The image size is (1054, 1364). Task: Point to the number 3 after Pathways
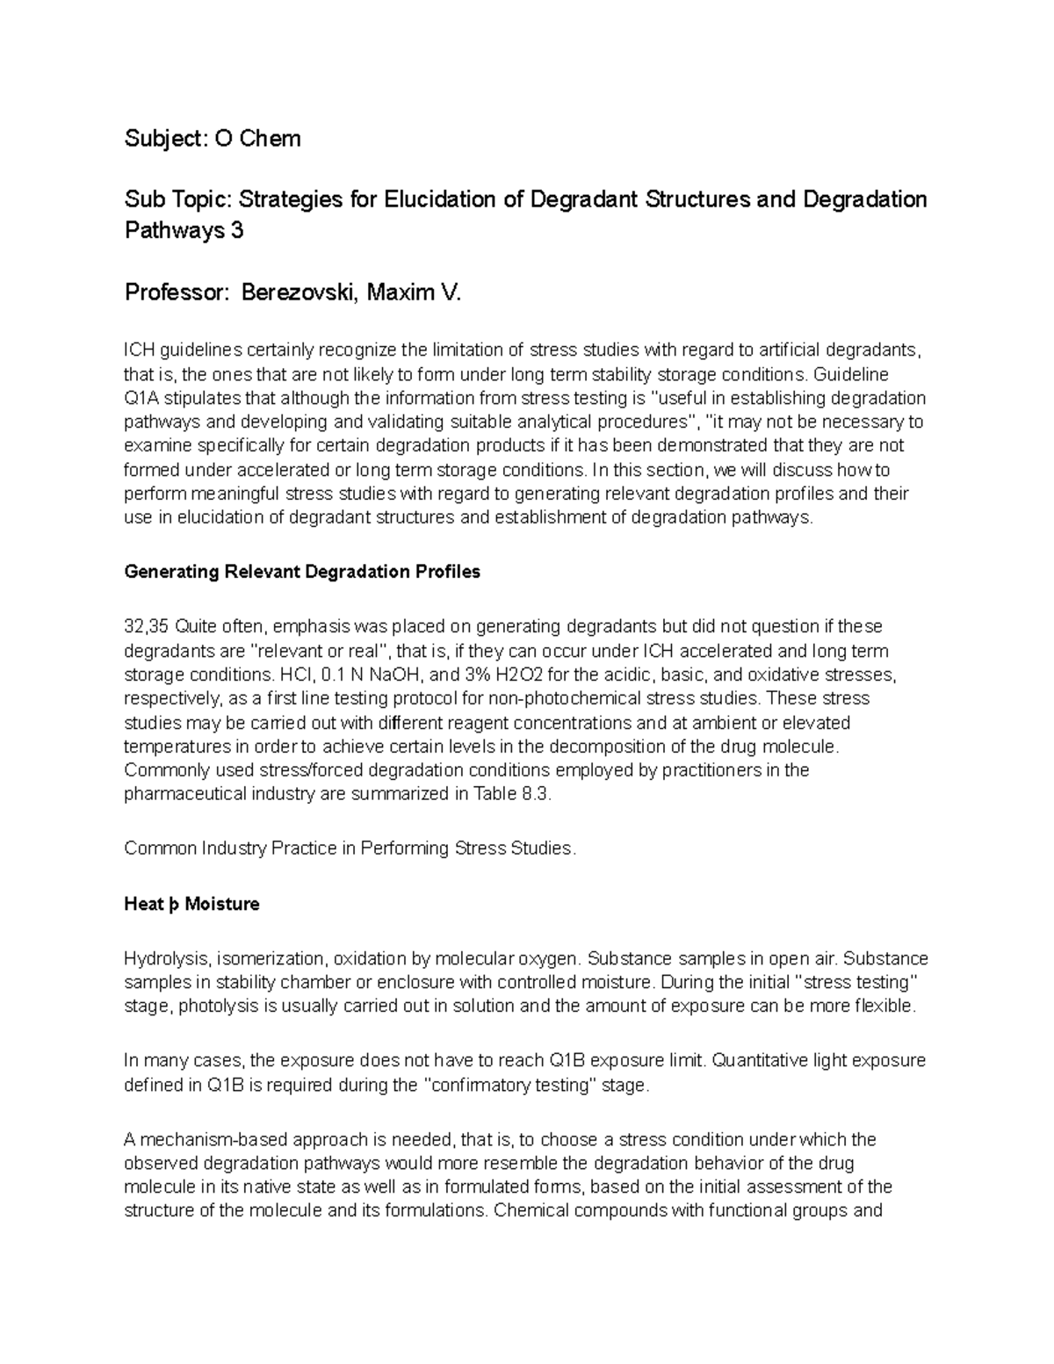coord(236,231)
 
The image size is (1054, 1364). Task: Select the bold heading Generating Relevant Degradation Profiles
coord(302,572)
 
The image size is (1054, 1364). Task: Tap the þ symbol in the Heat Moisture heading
coord(174,904)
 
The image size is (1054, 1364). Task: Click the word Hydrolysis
coord(166,958)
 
